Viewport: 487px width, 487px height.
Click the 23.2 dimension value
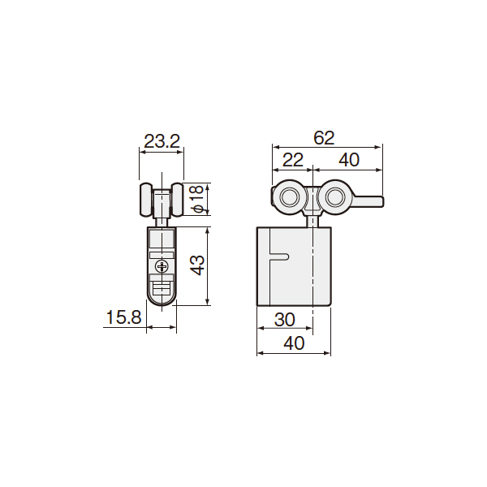pos(162,141)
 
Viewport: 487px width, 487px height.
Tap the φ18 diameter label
pos(197,199)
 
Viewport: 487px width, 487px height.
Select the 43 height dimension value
pos(197,265)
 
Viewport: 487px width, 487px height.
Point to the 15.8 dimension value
pos(123,317)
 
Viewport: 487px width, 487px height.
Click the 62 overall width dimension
pos(324,138)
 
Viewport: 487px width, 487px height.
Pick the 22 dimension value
pos(292,160)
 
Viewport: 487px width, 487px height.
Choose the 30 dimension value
pos(285,319)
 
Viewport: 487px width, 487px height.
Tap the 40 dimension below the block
pos(294,343)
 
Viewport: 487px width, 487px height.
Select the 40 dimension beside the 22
pos(349,160)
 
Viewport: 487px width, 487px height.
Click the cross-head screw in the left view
pos(162,266)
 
